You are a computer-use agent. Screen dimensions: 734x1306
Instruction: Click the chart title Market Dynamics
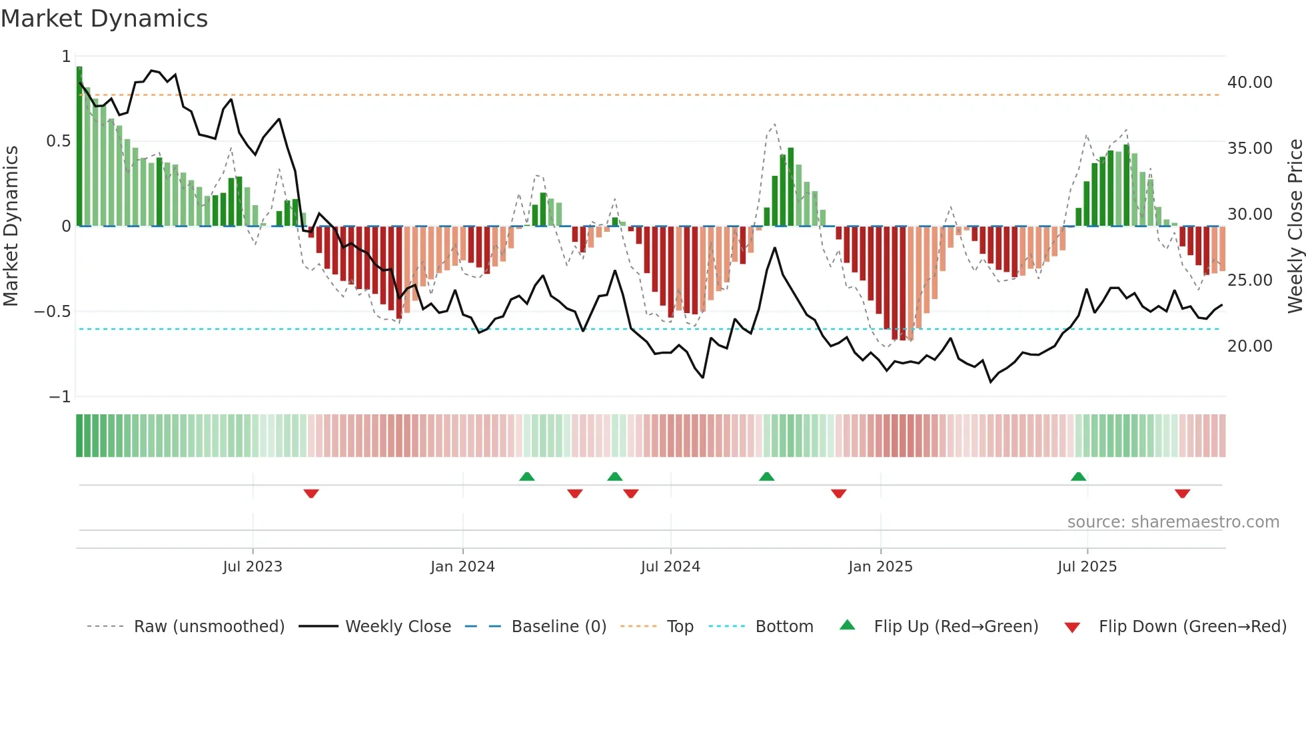pyautogui.click(x=104, y=19)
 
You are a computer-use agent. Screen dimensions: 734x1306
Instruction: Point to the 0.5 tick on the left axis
pyautogui.click(x=58, y=141)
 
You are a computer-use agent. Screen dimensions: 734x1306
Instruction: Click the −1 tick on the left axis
pyautogui.click(x=59, y=397)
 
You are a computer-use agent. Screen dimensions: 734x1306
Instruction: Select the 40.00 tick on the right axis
pyautogui.click(x=1249, y=83)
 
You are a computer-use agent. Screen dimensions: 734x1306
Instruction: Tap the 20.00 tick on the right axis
pyautogui.click(x=1249, y=346)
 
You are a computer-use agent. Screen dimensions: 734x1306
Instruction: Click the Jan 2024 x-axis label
pyautogui.click(x=462, y=567)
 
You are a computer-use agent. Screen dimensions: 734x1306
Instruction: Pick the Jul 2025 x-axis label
pyautogui.click(x=1087, y=567)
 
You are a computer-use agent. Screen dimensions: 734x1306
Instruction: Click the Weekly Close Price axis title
pyautogui.click(x=1295, y=226)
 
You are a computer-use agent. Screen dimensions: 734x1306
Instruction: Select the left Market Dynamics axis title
pyautogui.click(x=11, y=226)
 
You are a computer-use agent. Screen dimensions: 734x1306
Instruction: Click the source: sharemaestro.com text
pyautogui.click(x=1173, y=522)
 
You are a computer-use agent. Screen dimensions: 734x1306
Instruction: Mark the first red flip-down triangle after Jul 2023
pyautogui.click(x=311, y=494)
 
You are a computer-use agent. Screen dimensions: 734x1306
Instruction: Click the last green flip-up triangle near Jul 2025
pyautogui.click(x=1078, y=476)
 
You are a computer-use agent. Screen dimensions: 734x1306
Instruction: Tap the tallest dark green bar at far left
pyautogui.click(x=79, y=147)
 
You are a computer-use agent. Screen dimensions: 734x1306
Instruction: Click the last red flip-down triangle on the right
pyautogui.click(x=1182, y=494)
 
